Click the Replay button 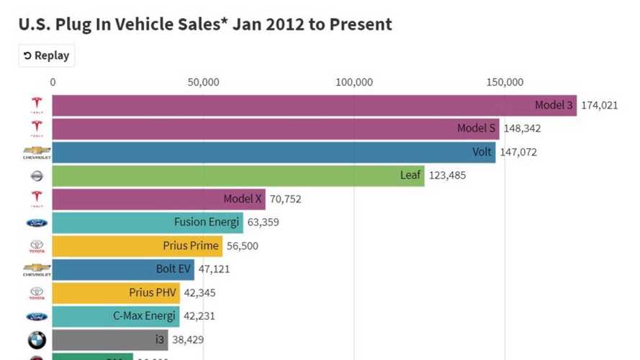(47, 55)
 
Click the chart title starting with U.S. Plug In (205, 24)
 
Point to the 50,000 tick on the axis (204, 82)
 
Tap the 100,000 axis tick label (354, 82)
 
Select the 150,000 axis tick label (505, 82)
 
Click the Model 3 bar (314, 105)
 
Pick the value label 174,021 (599, 105)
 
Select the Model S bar (275, 129)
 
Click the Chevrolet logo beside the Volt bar (36, 153)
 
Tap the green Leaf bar (238, 175)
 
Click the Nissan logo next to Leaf (36, 176)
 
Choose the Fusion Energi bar (148, 222)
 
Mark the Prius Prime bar (137, 246)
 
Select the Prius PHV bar (115, 293)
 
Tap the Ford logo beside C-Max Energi (36, 316)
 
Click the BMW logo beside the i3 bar (36, 340)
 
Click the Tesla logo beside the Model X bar (36, 199)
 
